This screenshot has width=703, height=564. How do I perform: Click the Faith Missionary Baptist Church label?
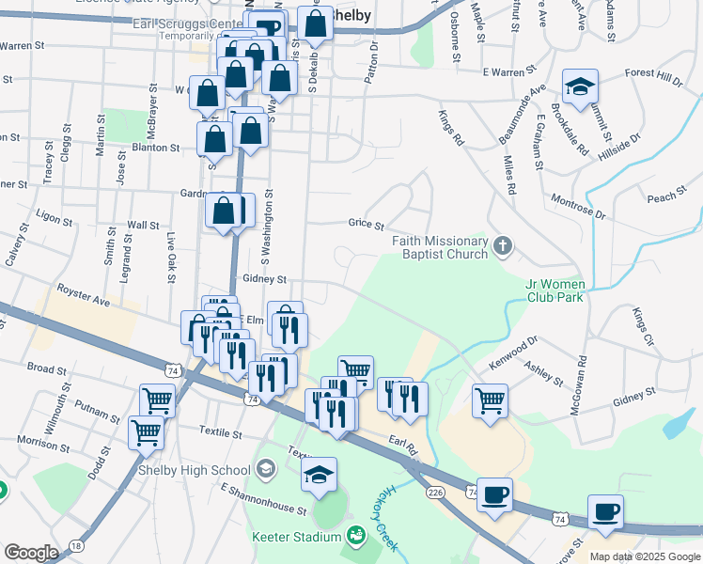(x=441, y=247)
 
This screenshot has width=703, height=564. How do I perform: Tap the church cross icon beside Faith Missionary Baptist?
(x=503, y=247)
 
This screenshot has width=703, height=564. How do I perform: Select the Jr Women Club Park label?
(x=555, y=290)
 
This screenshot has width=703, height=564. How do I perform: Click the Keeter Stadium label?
(x=296, y=537)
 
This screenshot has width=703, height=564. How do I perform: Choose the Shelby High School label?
(x=194, y=470)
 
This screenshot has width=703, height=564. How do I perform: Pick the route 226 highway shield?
(x=434, y=492)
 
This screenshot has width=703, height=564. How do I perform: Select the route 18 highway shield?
(x=76, y=545)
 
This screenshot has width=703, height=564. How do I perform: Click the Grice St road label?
(x=367, y=226)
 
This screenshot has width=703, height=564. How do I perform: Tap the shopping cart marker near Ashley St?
(x=490, y=399)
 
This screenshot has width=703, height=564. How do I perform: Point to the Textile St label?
(x=221, y=435)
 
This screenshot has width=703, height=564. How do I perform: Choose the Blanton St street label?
(x=156, y=148)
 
